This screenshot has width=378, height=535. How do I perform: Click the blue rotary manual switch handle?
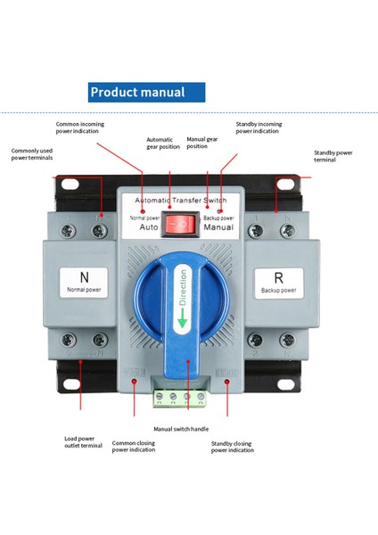pos(188,294)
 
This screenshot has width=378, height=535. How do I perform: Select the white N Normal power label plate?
pos(85,283)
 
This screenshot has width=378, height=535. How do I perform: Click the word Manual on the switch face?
pos(218,227)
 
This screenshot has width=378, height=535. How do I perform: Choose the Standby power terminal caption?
pos(333,155)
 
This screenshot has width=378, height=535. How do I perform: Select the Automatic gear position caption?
pos(160,143)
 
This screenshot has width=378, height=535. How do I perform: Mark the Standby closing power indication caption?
pos(232,446)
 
